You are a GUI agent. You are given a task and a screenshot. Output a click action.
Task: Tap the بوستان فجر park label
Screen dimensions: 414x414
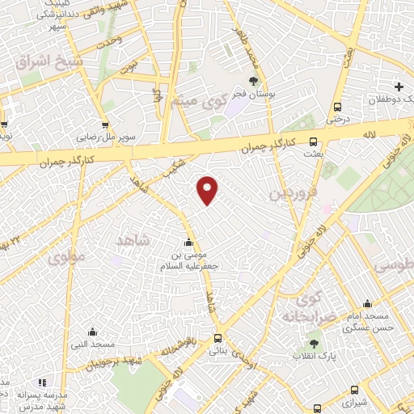(254, 95)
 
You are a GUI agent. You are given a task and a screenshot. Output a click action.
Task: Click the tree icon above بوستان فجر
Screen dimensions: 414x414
(254, 82)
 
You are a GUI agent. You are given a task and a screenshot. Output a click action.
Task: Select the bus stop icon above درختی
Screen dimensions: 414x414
(337, 107)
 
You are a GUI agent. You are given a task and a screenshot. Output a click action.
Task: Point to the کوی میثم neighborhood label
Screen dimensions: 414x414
(196, 101)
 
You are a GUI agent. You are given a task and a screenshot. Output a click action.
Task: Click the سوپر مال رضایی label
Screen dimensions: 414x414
(98, 137)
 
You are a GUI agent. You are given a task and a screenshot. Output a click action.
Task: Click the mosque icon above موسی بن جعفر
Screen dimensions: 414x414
(188, 242)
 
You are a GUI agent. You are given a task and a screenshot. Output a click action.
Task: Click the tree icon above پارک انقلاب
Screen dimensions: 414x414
(326, 345)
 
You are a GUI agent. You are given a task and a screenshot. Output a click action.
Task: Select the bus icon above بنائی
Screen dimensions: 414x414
(218, 339)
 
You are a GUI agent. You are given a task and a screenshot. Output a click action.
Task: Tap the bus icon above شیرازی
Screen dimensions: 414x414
(354, 390)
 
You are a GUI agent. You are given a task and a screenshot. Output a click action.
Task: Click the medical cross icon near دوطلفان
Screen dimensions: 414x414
(398, 87)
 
